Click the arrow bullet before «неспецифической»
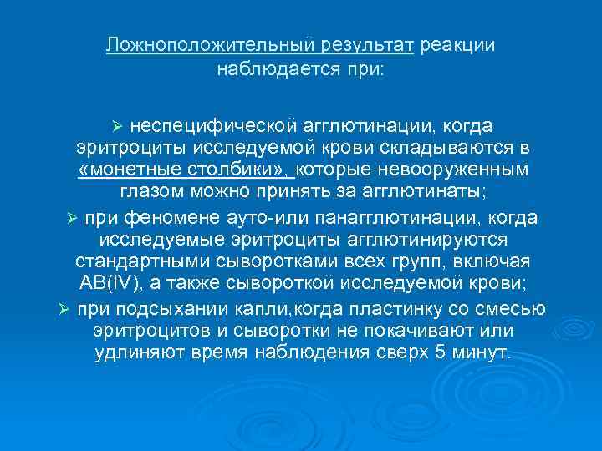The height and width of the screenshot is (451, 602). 117,125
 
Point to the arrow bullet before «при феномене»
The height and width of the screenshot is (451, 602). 72,218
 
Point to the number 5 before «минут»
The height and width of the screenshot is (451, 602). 441,354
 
